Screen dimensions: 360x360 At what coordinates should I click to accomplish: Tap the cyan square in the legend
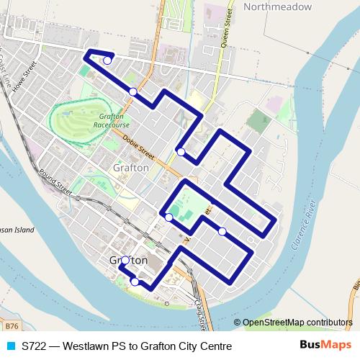(9, 346)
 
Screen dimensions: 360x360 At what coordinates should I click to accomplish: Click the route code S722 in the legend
(36, 346)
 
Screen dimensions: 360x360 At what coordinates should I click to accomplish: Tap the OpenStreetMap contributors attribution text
(297, 323)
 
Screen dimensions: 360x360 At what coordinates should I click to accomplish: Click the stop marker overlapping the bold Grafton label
(125, 261)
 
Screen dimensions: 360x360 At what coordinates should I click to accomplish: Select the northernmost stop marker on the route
(107, 60)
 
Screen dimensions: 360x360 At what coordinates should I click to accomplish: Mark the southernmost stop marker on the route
(135, 282)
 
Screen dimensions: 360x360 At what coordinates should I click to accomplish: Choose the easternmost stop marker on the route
(222, 231)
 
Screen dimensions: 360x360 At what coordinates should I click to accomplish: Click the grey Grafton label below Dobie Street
(131, 168)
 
